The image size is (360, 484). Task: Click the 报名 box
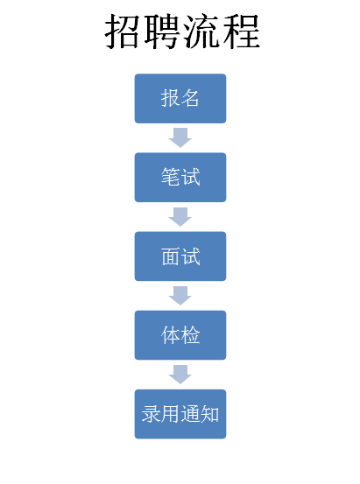(180, 99)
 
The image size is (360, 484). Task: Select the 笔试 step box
(180, 178)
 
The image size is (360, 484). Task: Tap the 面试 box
(180, 256)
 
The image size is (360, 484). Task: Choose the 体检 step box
(180, 335)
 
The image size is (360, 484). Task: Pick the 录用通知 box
(180, 414)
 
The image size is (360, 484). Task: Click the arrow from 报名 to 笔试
(180, 137)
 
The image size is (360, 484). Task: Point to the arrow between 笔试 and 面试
(180, 217)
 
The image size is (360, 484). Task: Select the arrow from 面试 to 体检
(180, 296)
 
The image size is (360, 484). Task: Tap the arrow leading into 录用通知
(180, 375)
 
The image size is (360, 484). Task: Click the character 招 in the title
(123, 32)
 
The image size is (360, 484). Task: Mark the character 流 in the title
(201, 32)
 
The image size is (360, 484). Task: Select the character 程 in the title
(241, 32)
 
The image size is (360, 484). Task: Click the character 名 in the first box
(190, 98)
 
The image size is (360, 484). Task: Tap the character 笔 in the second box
(171, 177)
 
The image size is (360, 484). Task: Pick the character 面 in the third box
(171, 256)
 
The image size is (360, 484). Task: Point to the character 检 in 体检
(190, 335)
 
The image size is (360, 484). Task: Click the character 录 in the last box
(152, 414)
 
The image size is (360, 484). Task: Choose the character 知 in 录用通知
(209, 414)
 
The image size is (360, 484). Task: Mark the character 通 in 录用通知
(190, 414)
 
